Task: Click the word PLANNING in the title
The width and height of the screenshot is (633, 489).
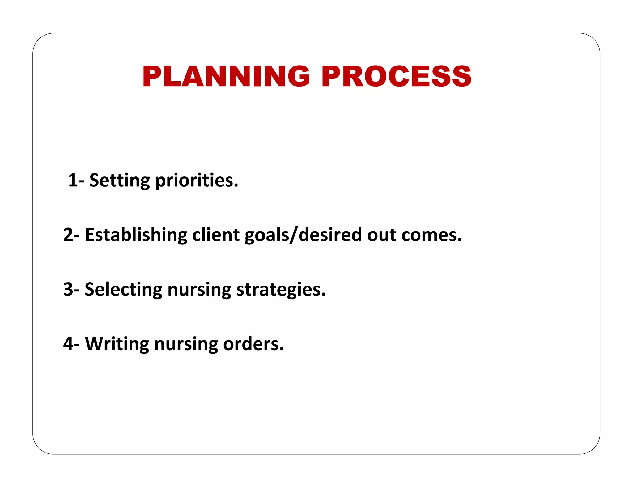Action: [x=226, y=76]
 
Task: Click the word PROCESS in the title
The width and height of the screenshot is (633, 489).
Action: [x=396, y=76]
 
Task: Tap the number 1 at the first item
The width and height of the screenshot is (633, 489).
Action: [x=73, y=180]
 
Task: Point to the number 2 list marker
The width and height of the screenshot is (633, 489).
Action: [x=68, y=235]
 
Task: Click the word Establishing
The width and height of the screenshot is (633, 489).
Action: [x=136, y=235]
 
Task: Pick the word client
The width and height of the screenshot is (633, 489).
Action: [x=216, y=235]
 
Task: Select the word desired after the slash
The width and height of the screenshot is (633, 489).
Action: [x=330, y=235]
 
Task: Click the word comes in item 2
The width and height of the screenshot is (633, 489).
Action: [x=431, y=235]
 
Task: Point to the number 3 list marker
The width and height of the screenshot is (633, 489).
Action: [x=68, y=290]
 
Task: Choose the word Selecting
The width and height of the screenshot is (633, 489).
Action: [x=123, y=290]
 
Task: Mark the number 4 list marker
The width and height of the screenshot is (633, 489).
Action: [x=68, y=344]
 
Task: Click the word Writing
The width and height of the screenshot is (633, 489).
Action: [x=117, y=344]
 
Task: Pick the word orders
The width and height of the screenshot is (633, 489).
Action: [x=253, y=344]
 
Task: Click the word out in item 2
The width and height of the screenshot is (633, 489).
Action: [x=381, y=235]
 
